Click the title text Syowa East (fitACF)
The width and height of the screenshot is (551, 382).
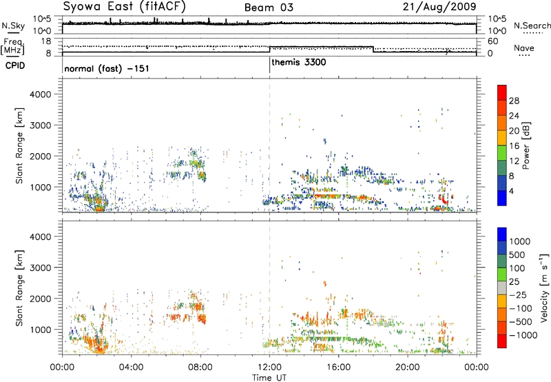125,6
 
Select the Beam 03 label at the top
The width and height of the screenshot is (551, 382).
269,8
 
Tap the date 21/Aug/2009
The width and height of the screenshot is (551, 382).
439,7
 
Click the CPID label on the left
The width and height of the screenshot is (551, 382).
15,66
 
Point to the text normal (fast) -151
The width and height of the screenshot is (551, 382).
107,68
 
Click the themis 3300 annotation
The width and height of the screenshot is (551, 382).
299,62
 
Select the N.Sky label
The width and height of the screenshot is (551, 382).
13,26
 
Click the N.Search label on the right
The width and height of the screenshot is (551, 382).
532,26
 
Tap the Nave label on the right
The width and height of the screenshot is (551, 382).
524,48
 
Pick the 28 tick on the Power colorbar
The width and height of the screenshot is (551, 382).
514,101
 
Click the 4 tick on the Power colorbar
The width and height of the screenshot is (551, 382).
512,192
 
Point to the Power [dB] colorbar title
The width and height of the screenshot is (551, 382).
526,145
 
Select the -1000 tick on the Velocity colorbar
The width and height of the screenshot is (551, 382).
523,335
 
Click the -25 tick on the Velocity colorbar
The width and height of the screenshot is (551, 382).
519,295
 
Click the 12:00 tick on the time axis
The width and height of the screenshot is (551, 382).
269,368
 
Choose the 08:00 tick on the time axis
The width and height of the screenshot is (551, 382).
200,368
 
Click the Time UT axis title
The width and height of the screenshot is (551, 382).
269,378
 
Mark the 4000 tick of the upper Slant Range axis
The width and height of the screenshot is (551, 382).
41,94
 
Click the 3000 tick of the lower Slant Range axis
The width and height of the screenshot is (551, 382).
41,268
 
